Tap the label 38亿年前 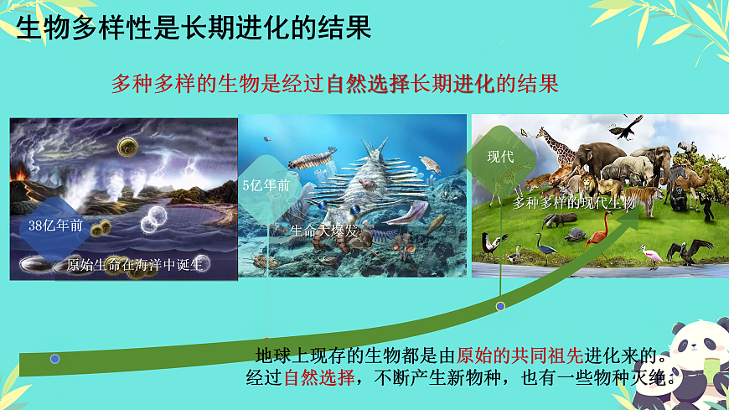(x=55, y=225)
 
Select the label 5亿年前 (x=266, y=185)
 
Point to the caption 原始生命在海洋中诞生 (x=135, y=265)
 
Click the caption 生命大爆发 (x=323, y=228)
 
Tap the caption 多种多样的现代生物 (x=574, y=202)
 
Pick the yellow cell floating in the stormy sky (x=128, y=148)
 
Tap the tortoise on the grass (x=576, y=234)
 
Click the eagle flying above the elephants (x=625, y=127)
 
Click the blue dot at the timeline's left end (x=55, y=359)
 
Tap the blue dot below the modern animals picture (x=500, y=306)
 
